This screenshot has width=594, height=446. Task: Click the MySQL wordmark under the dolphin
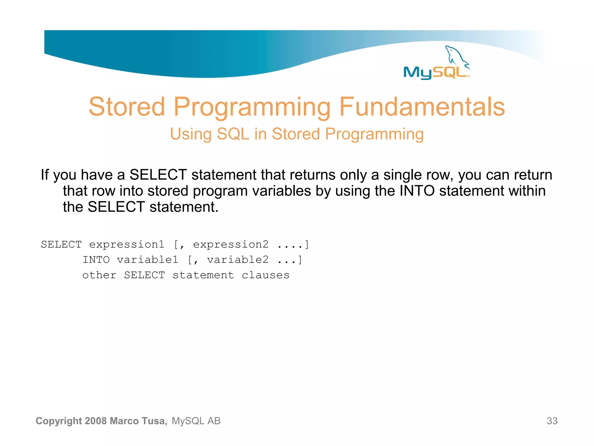point(435,72)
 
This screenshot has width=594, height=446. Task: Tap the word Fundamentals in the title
point(422,107)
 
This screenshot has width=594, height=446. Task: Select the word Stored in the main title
point(127,107)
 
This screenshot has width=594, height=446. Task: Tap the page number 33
point(552,421)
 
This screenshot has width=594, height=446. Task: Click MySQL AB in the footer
point(196,421)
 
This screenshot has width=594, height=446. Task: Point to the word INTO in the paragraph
point(417,191)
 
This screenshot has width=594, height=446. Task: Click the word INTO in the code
point(96,260)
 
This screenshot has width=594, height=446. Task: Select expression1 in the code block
point(127,245)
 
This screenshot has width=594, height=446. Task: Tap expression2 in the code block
point(231,245)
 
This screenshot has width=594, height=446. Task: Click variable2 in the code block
point(238,260)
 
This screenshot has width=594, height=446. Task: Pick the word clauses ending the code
point(265,275)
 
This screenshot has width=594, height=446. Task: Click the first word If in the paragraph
point(45,175)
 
